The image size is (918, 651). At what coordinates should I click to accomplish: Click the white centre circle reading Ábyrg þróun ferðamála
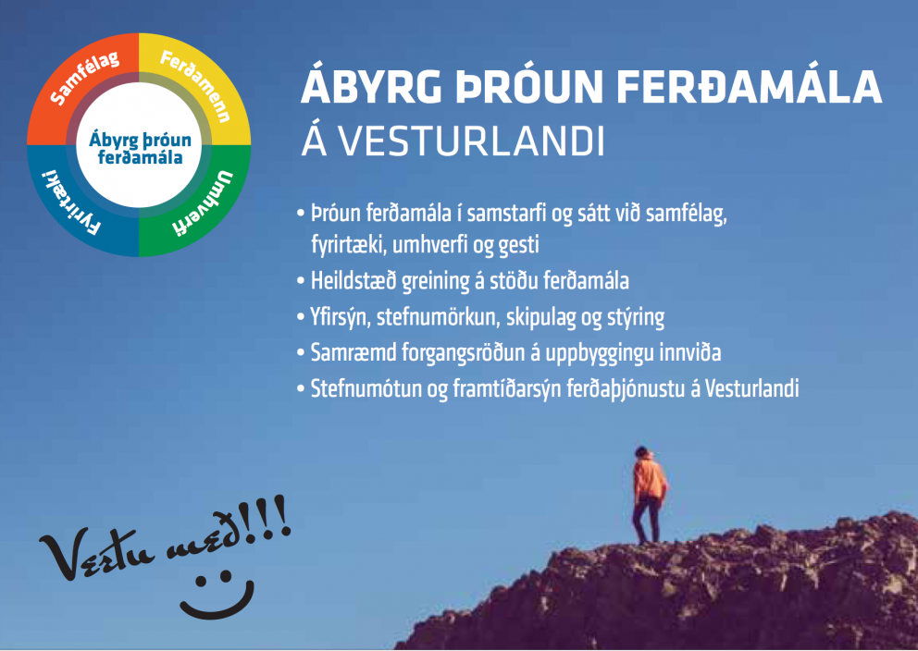(x=140, y=145)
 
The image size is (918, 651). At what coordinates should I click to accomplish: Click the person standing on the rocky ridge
(x=649, y=495)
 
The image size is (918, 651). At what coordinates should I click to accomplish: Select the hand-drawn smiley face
(x=217, y=596)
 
